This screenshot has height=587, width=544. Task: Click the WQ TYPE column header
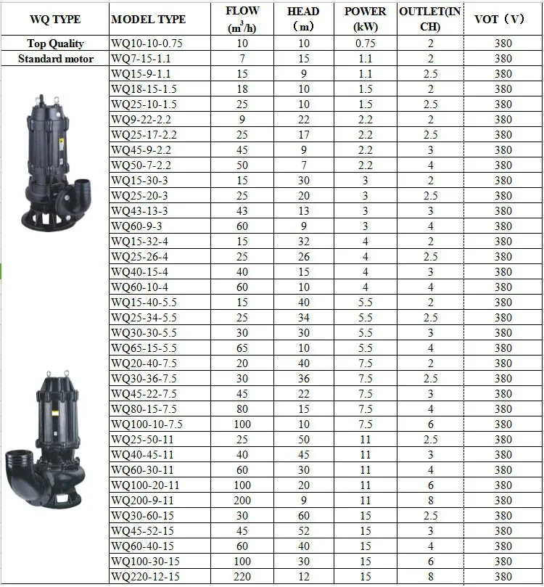pos(54,19)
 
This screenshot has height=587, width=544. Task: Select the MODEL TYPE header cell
pos(148,20)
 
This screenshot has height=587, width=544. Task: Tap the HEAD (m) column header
pos(303,19)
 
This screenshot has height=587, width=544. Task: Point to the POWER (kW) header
pos(365,19)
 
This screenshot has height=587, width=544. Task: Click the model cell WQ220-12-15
pos(146,577)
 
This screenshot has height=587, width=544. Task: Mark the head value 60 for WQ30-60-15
pos(303,516)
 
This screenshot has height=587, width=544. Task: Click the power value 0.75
pos(365,44)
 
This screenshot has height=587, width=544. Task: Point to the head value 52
pos(303,531)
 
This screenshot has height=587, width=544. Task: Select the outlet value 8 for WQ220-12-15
pos(430,577)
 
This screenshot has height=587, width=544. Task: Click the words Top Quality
pos(55,44)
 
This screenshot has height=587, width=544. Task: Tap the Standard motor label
pos(55,59)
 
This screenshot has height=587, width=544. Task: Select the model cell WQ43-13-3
pos(139,211)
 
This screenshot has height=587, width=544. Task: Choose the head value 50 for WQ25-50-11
pos(303,440)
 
